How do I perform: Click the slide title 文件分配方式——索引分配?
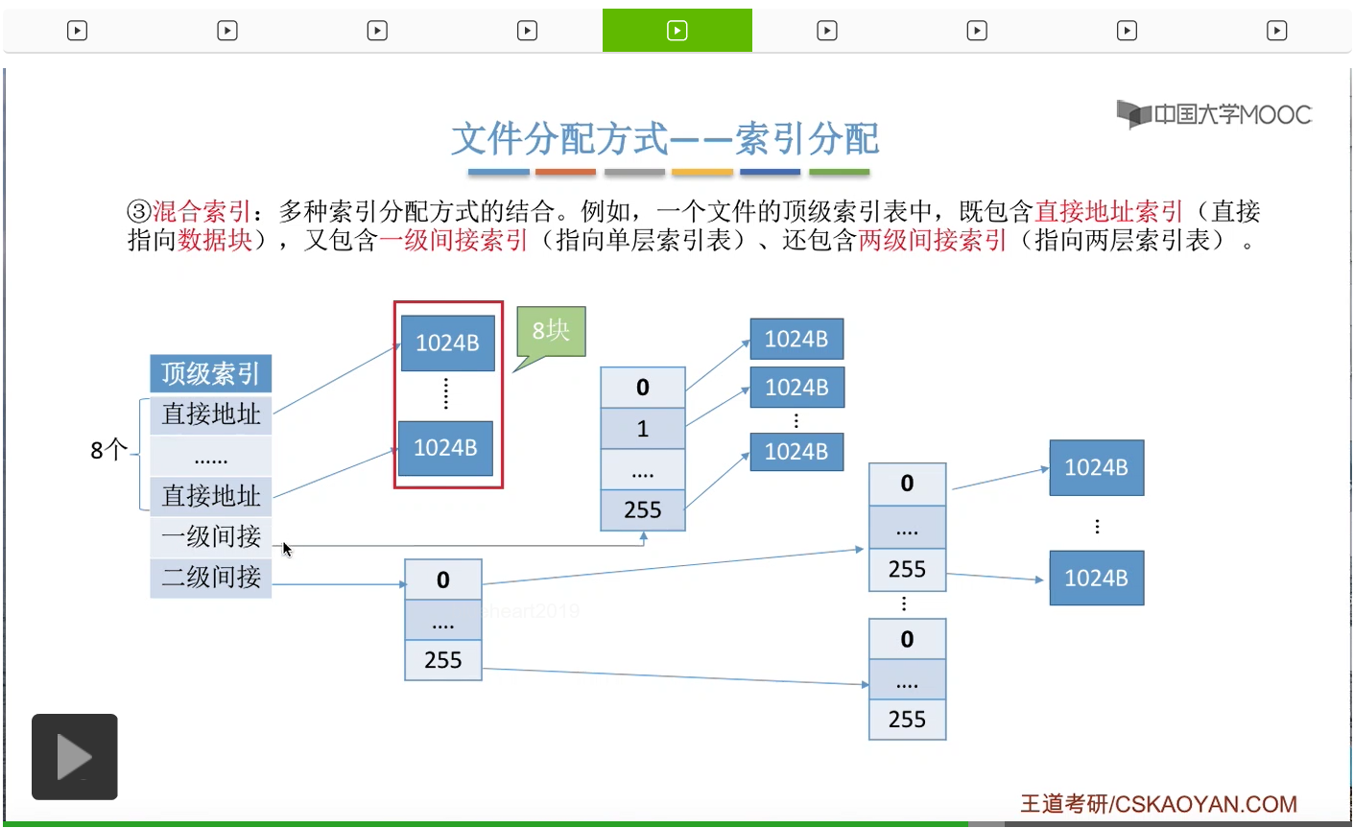(664, 139)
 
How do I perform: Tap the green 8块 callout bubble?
(551, 332)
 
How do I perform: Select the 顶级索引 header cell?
(210, 373)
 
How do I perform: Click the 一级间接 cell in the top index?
(210, 536)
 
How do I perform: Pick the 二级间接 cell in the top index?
(210, 577)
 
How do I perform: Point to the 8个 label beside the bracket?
(108, 450)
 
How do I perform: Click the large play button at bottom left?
(75, 757)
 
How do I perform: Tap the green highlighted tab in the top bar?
(677, 31)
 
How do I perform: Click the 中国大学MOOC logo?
(1214, 115)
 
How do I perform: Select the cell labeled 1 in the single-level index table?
(643, 429)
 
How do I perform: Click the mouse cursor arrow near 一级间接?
(287, 549)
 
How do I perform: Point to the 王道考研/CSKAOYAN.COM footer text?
(1158, 804)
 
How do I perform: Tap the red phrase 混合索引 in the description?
(202, 211)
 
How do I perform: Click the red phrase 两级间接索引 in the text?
(932, 241)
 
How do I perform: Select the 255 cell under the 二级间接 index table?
(443, 660)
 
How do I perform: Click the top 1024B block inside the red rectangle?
(447, 343)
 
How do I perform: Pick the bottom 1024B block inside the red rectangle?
(445, 448)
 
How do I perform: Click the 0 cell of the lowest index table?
(907, 639)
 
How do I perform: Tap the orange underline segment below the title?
(565, 173)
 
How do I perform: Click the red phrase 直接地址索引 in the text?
(1108, 211)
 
